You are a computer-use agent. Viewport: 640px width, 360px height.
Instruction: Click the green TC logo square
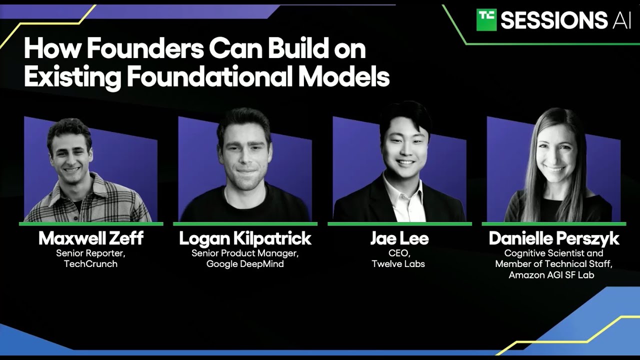(x=486, y=19)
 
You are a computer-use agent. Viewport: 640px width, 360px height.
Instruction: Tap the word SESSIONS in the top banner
(x=554, y=20)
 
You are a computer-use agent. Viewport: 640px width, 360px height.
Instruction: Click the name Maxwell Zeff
(x=91, y=238)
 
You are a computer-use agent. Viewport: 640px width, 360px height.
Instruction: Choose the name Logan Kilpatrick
(x=245, y=238)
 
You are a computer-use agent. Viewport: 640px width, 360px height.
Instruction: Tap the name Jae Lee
(x=399, y=238)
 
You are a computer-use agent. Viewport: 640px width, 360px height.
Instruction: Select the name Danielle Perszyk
(x=553, y=238)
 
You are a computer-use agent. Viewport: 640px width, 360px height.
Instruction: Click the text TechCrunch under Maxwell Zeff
(x=91, y=263)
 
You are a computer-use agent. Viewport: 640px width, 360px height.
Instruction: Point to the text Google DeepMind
(x=245, y=264)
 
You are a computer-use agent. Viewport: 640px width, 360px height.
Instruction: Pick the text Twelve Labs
(x=398, y=263)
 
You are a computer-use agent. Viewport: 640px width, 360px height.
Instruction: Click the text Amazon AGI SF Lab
(x=551, y=275)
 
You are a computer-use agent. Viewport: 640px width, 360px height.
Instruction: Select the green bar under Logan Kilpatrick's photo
(x=245, y=224)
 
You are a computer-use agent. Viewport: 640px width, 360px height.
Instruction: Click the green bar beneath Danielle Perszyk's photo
(x=553, y=224)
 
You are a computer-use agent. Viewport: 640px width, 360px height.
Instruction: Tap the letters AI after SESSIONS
(x=621, y=20)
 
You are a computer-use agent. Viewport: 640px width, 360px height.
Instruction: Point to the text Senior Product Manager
(x=245, y=253)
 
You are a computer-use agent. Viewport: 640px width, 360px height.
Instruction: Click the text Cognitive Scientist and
(x=553, y=253)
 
